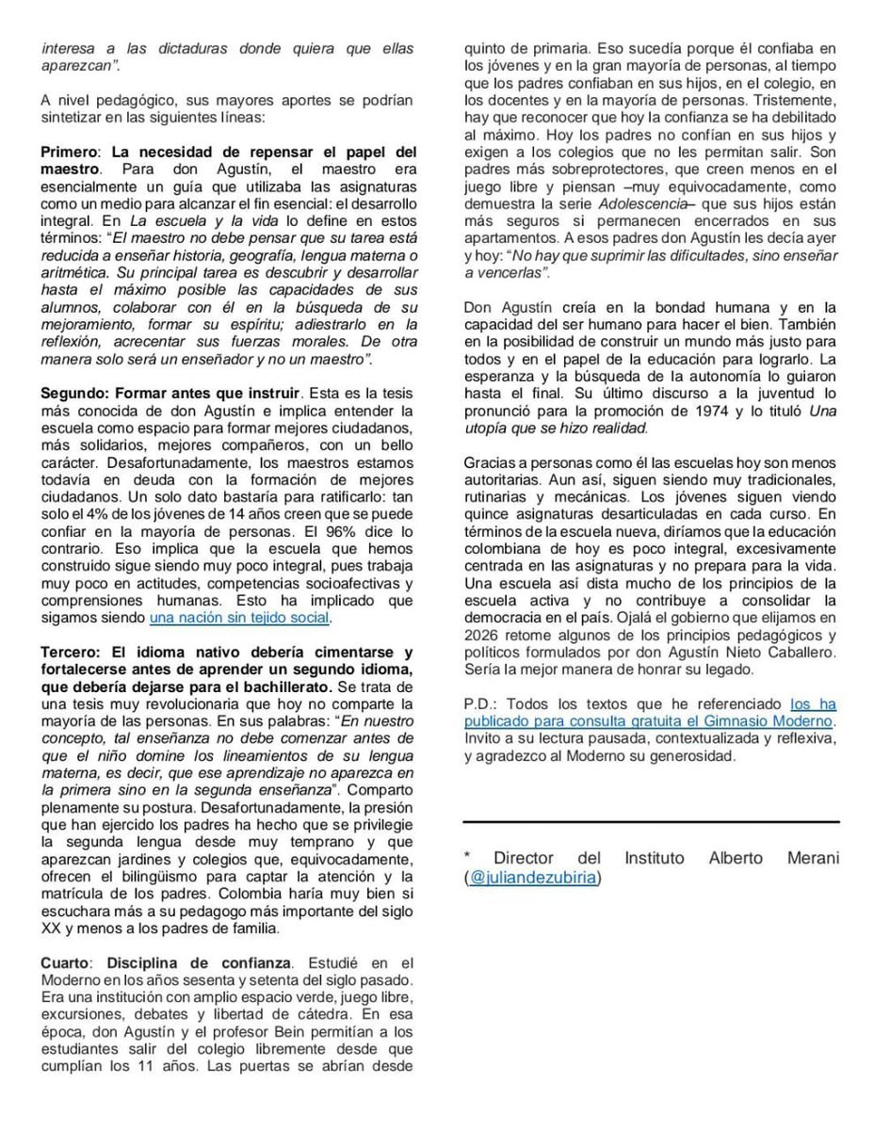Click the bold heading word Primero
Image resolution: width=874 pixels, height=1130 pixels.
70,152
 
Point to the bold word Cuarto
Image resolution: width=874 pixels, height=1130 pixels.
66,962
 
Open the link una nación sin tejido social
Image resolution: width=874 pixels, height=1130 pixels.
239,618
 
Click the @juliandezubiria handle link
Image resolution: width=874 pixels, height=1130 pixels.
533,877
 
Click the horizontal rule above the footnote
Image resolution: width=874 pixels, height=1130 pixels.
651,822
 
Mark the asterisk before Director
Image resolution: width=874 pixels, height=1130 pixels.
467,858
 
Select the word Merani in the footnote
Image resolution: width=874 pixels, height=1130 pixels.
812,858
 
